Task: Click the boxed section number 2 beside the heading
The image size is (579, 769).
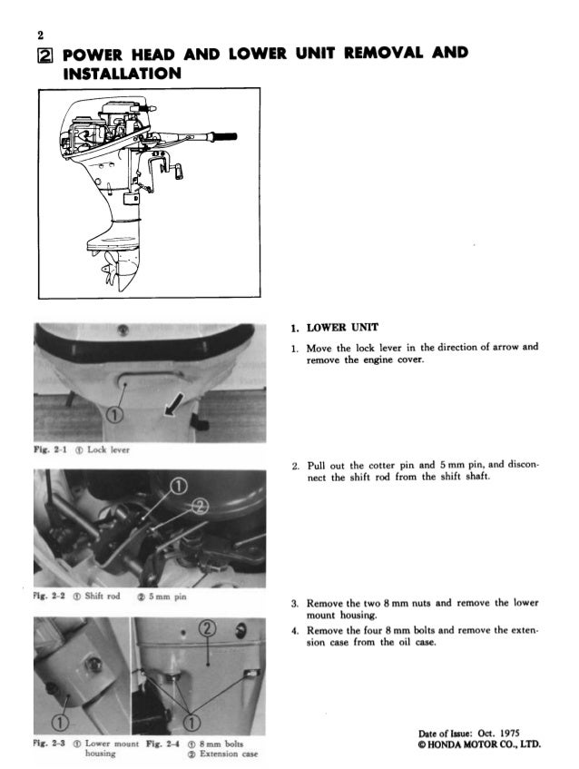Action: (45, 54)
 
